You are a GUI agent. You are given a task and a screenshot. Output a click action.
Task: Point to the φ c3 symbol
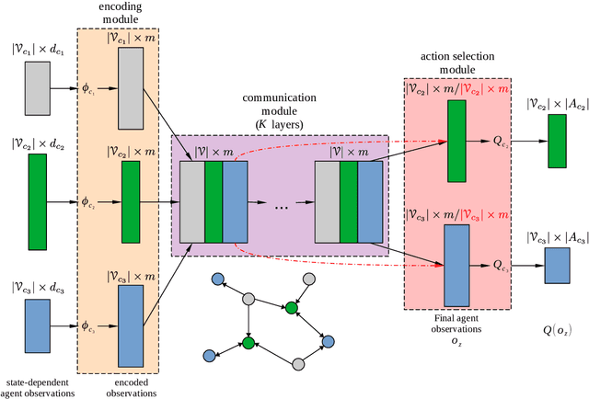pos(89,325)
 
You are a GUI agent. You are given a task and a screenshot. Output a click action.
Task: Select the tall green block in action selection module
pos(457,142)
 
